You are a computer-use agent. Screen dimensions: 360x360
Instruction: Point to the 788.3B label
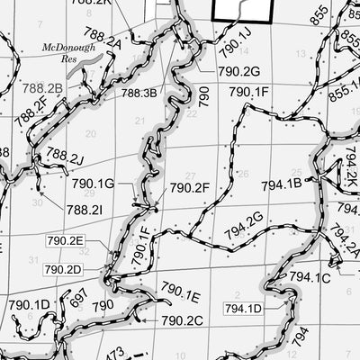[x=139, y=92]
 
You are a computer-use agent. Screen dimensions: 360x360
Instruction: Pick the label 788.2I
[x=84, y=209]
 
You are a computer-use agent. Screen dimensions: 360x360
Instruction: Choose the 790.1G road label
[x=93, y=184]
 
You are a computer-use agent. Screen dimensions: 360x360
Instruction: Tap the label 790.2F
[x=189, y=188]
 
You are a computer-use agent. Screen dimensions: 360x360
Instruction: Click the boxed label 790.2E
[x=65, y=240]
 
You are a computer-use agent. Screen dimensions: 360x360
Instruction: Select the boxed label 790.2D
[x=62, y=268]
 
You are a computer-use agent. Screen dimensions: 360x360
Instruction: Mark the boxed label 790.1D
[x=30, y=304]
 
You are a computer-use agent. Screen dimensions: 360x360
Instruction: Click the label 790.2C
[x=183, y=320]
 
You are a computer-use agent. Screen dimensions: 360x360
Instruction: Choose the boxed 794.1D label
[x=243, y=309]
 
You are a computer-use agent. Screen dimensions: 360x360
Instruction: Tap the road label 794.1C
[x=311, y=278]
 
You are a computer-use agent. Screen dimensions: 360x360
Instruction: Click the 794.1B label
[x=281, y=184]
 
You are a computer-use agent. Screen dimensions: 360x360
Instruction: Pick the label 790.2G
[x=238, y=70]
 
